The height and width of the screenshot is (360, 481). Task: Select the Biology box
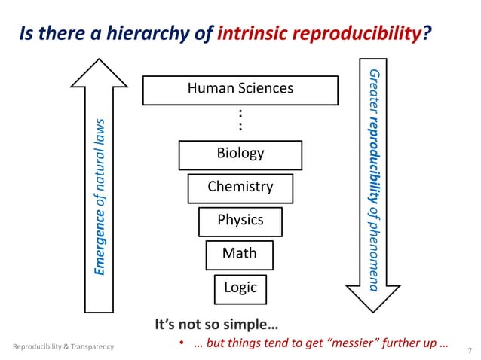point(240,154)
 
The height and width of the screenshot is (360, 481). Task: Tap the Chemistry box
point(240,187)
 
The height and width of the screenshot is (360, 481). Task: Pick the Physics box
point(240,220)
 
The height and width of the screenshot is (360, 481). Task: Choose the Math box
point(239,254)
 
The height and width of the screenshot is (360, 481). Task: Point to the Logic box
point(240,287)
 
